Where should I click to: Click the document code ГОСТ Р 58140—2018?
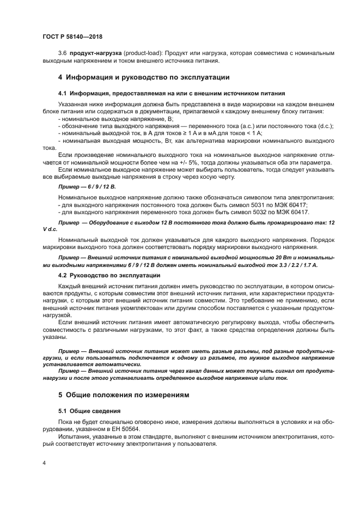[x=72, y=37]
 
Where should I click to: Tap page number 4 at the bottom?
[x=44, y=462]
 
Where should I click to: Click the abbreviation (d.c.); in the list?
[x=325, y=126]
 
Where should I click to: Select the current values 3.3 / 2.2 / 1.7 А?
[x=294, y=264]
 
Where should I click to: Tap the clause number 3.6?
[x=62, y=53]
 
